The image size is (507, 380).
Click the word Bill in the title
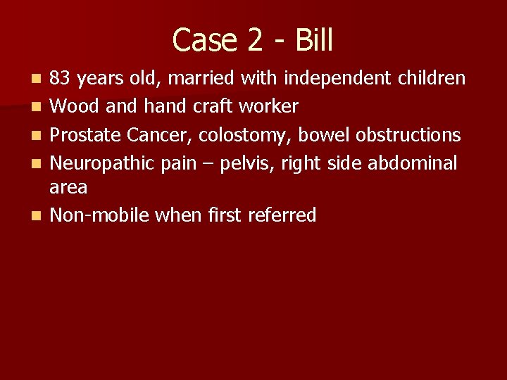pos(314,40)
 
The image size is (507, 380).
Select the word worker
pos(268,106)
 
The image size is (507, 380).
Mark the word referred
pos(282,215)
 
